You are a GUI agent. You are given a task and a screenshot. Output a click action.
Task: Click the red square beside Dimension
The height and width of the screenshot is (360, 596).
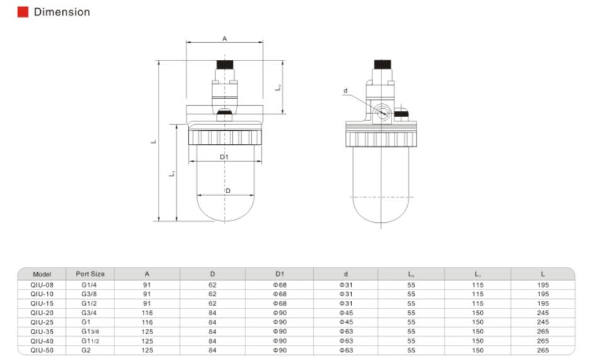23,12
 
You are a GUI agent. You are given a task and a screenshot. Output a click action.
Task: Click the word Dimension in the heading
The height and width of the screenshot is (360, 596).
62,12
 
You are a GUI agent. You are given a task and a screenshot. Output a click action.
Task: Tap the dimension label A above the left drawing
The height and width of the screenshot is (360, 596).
225,39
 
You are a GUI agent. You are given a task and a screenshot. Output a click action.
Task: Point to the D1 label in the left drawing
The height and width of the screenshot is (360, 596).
224,157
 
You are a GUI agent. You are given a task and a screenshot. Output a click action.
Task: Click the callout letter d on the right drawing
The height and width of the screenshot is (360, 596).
345,91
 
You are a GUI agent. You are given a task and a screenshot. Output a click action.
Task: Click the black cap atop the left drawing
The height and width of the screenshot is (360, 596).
225,65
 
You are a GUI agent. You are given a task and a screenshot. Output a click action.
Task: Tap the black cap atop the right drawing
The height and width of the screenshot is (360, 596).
382,64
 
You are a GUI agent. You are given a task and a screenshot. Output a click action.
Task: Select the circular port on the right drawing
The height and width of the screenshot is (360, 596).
381,113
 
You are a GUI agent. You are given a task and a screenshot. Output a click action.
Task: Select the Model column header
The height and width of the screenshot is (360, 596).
42,274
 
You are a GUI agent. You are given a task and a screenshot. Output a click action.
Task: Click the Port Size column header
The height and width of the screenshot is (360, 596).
90,274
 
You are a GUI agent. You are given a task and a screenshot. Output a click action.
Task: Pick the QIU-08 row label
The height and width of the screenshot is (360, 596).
42,285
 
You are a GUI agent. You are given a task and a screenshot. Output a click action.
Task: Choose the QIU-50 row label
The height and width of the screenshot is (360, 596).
42,350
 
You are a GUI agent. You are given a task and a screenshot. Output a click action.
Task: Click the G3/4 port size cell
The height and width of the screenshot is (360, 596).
90,313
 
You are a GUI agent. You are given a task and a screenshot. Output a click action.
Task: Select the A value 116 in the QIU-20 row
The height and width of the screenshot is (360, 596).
147,313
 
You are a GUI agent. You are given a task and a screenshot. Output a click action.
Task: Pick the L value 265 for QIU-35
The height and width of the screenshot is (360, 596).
543,331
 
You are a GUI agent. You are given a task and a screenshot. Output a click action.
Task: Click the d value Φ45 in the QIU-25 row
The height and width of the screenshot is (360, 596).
346,322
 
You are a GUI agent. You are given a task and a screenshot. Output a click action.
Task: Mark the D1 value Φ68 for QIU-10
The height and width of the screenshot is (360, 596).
280,294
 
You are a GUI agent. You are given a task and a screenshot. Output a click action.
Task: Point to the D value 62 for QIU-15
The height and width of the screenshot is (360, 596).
213,303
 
